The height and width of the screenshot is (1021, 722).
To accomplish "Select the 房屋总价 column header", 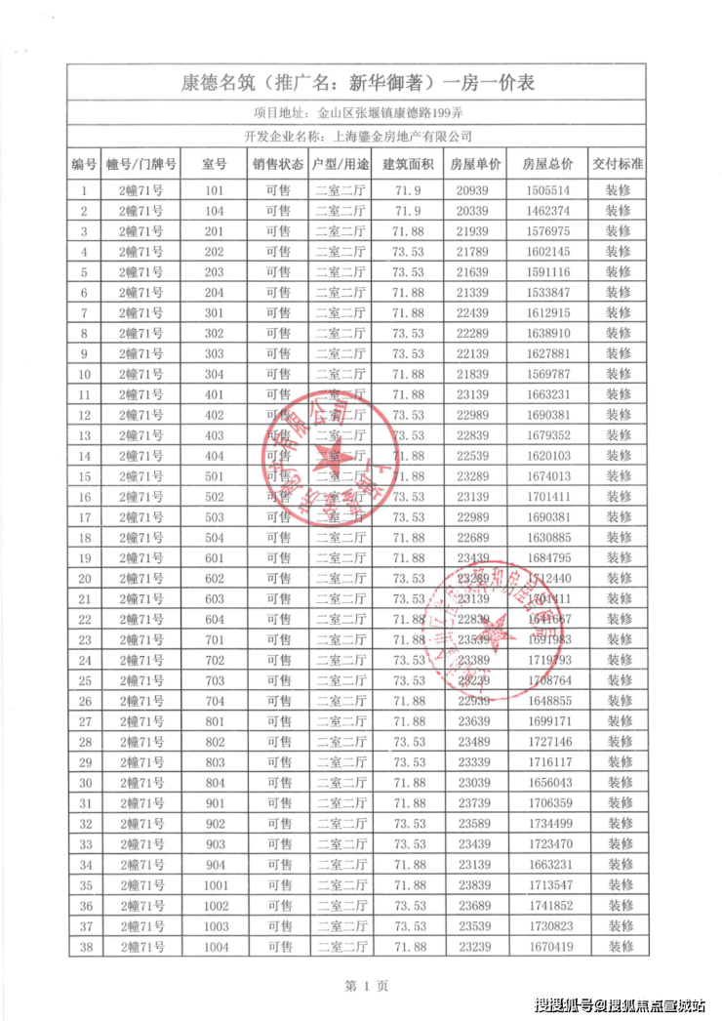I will tap(547, 164).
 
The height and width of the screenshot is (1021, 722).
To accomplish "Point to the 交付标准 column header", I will tap(619, 164).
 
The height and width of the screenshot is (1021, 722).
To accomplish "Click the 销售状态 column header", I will tap(278, 164).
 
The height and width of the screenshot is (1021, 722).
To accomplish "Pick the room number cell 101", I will tap(216, 190).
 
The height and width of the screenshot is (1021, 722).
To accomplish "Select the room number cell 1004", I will tap(216, 946).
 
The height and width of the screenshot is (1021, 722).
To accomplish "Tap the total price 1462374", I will tap(547, 211).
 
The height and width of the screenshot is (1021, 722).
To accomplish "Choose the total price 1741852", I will tap(547, 906).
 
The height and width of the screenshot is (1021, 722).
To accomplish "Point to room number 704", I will tap(216, 701).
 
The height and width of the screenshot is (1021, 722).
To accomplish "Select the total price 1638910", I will tap(547, 334).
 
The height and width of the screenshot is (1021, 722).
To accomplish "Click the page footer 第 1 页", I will tap(361, 986).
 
